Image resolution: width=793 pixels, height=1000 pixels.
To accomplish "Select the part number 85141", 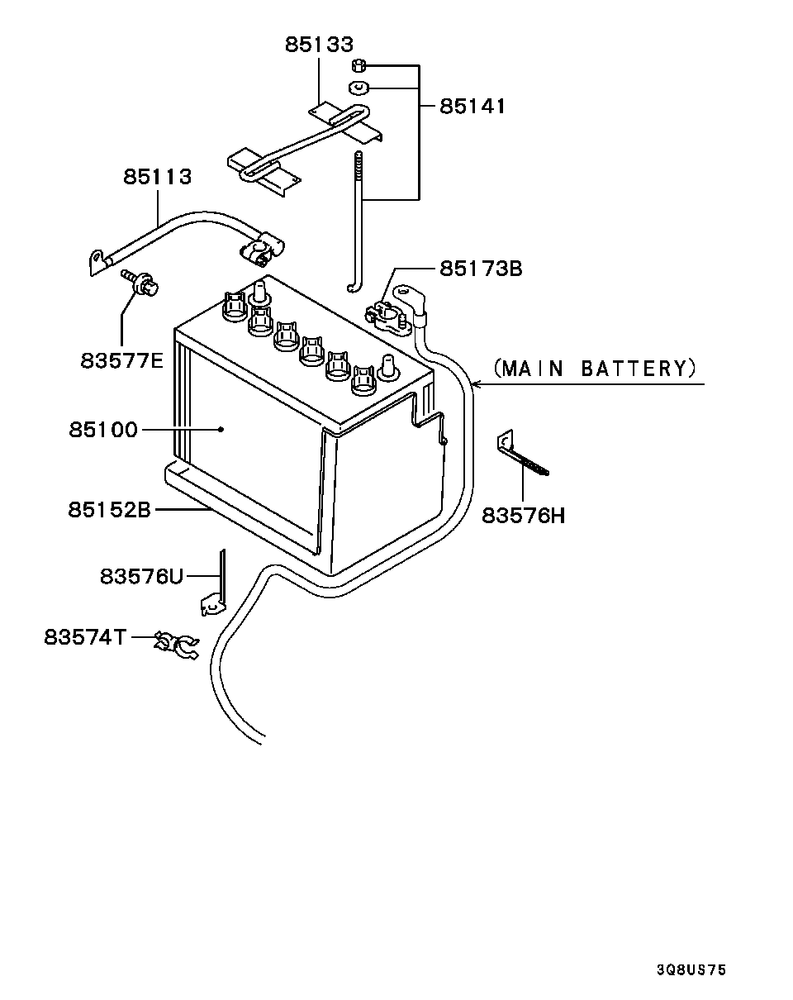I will coord(472,107).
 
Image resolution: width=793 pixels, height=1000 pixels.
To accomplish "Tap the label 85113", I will coord(158,177).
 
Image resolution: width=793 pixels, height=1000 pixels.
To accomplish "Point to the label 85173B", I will coord(481,269).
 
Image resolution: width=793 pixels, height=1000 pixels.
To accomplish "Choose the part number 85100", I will coord(103,430).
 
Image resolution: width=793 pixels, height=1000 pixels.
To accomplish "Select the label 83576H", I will coord(524,516).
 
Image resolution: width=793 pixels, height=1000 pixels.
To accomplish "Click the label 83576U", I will coord(141,576).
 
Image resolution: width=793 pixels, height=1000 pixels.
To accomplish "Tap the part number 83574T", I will coord(86,637).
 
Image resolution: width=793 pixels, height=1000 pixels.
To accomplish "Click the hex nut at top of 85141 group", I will coord(359,65).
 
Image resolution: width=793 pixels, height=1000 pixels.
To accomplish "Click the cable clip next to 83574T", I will coord(177,645).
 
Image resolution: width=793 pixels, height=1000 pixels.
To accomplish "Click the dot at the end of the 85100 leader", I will coord(221,430).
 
